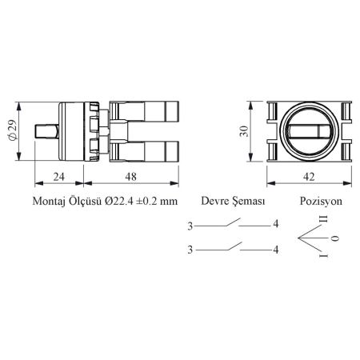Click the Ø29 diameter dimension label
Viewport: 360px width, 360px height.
pyautogui.click(x=12, y=130)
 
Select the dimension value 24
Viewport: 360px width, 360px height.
pyautogui.click(x=59, y=177)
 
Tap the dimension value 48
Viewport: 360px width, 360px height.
pyautogui.click(x=131, y=177)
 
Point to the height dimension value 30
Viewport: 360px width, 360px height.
pyautogui.click(x=244, y=131)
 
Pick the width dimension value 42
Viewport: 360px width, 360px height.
pyautogui.click(x=309, y=177)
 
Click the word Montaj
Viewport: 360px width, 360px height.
pyautogui.click(x=49, y=201)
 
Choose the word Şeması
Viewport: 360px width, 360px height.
pyautogui.click(x=249, y=201)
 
